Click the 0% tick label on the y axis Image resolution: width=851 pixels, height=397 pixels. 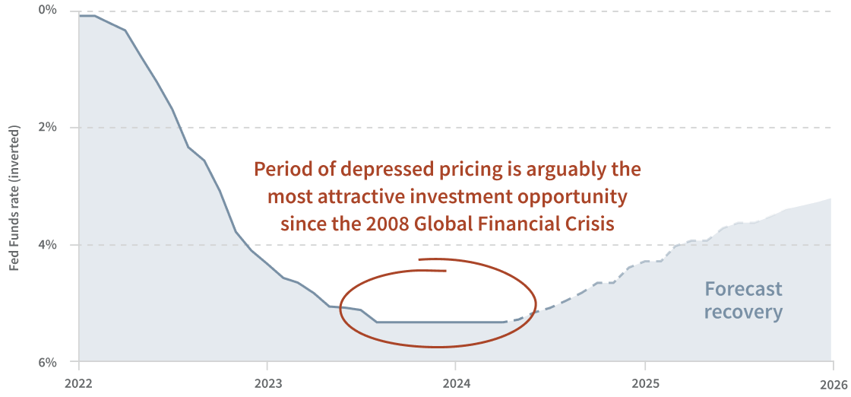tap(48, 10)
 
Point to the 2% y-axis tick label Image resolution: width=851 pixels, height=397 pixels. tap(48, 126)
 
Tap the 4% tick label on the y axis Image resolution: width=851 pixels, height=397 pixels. tap(48, 244)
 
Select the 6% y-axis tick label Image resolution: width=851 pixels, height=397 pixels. tap(48, 362)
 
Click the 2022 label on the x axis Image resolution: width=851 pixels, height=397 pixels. tap(79, 384)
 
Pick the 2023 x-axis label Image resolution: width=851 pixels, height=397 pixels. tap(267, 384)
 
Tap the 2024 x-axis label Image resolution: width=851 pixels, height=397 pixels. tap(455, 384)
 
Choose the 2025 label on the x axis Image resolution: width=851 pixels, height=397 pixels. tap(644, 384)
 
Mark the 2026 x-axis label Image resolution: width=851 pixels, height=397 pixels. tap(833, 384)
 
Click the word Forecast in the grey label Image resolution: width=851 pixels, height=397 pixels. tap(743, 289)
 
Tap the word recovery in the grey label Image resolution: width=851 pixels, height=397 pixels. tap(743, 312)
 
